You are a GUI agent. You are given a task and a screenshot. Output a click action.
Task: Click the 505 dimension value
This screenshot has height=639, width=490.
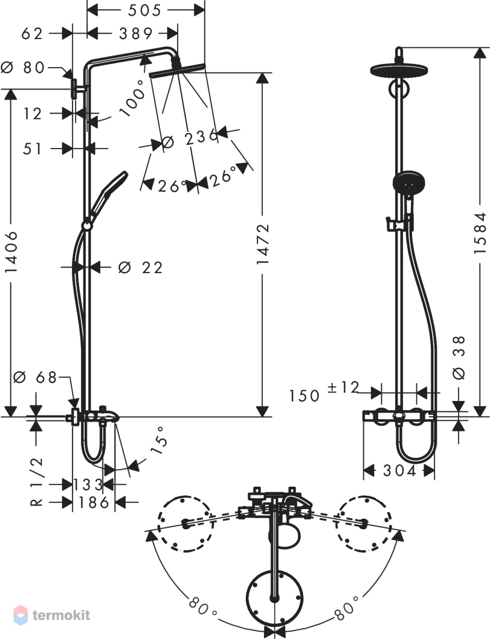tap(144, 11)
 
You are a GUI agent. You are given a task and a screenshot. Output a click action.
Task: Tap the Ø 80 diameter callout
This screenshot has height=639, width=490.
tap(23, 68)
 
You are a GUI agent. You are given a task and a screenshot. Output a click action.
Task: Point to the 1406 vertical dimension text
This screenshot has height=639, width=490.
tap(12, 252)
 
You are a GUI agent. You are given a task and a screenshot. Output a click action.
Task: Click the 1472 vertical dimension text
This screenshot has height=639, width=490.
tap(262, 244)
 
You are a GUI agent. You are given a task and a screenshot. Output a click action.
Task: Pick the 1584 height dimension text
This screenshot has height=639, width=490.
tap(480, 232)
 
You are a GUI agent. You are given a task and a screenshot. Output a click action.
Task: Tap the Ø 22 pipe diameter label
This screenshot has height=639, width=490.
tap(140, 267)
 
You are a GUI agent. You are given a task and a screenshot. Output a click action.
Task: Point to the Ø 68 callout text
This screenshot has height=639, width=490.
tap(35, 378)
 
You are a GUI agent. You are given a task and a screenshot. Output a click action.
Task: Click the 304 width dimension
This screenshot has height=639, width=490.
tap(399, 471)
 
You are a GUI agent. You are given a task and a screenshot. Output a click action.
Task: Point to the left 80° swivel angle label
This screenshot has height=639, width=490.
tap(203, 608)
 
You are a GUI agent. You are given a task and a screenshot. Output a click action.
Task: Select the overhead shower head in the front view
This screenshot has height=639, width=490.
tap(398, 70)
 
